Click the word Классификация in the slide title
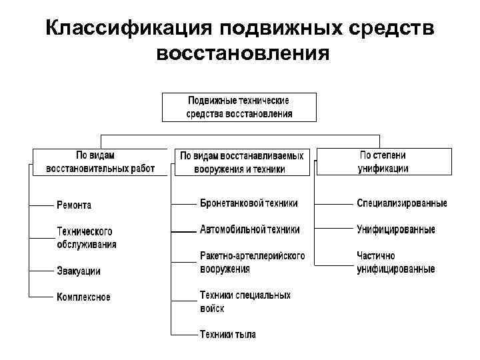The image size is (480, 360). [x=127, y=29]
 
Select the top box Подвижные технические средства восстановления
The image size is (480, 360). [x=239, y=107]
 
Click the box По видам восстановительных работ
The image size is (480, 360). [x=100, y=162]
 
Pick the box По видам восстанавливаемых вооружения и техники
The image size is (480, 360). [x=242, y=162]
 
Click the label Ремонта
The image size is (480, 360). [x=74, y=205]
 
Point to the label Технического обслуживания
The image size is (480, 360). [x=86, y=238]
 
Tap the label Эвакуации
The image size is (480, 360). [x=79, y=271]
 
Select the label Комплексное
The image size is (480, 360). [x=83, y=297]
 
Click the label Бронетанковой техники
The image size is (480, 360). [x=249, y=203]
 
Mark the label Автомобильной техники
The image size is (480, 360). [x=249, y=229]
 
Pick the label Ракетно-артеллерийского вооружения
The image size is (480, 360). [x=252, y=262]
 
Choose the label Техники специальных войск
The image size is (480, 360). [x=245, y=301]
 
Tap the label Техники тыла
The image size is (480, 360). [x=227, y=334]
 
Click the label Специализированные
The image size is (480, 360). [x=401, y=203]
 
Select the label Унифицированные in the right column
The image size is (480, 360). [x=395, y=229]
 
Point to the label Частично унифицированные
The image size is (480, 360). [x=395, y=262]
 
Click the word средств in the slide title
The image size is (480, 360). [x=393, y=29]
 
